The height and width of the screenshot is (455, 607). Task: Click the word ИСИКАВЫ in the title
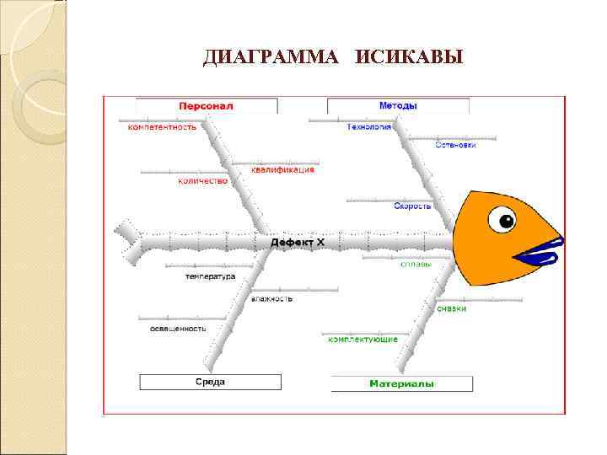coord(410,57)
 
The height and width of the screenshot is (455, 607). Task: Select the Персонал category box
coord(206,106)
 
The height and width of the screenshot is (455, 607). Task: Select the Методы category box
coord(398,106)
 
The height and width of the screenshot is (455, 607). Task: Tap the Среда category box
coord(210,383)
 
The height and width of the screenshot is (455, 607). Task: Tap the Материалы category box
coord(401,384)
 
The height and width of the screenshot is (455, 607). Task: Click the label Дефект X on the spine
coord(297,243)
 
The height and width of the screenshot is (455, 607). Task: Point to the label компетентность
coord(162,127)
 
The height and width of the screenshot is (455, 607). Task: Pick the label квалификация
coord(283,169)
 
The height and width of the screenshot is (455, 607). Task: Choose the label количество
coord(202,181)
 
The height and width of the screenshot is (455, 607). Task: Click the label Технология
coord(369,127)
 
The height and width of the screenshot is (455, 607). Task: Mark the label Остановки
coord(455,145)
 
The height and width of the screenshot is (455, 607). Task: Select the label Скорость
coord(412,206)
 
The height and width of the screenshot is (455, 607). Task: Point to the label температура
coord(211,276)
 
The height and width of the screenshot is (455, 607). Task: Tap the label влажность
coord(271,298)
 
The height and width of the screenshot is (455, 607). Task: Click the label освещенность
coord(178,328)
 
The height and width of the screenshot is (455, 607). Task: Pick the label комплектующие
coord(363,338)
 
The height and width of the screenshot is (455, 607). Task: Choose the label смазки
coord(451,308)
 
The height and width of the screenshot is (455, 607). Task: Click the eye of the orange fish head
coord(506,222)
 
